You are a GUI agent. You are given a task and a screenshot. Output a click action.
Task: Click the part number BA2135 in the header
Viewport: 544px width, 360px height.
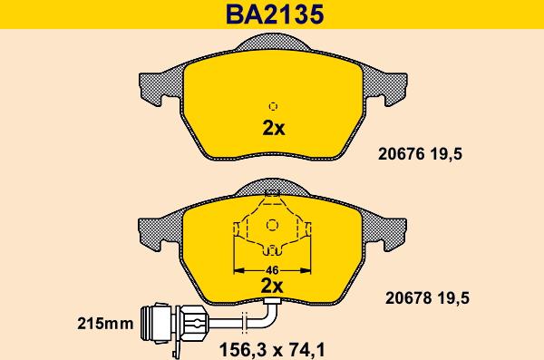(x=275, y=15)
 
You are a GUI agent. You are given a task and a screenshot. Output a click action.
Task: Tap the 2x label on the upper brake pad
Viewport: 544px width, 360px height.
(x=274, y=128)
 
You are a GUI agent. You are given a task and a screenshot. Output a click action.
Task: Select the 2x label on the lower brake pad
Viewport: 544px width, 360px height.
(x=272, y=286)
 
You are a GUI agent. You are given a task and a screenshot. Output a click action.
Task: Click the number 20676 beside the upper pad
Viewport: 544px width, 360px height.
(x=402, y=153)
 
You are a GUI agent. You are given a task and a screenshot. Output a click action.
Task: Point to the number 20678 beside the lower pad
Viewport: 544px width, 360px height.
(x=409, y=297)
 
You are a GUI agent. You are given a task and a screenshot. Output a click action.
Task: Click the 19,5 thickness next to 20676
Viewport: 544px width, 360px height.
(x=446, y=154)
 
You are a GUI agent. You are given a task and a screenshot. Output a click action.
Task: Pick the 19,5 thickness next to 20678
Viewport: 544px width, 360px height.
(x=453, y=298)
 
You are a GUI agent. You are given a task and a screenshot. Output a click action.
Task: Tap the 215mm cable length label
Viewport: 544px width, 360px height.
(x=105, y=324)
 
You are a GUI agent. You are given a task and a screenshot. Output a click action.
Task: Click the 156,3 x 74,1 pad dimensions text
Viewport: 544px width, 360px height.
(x=272, y=350)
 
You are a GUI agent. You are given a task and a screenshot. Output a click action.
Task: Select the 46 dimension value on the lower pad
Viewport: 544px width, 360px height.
(x=272, y=269)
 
